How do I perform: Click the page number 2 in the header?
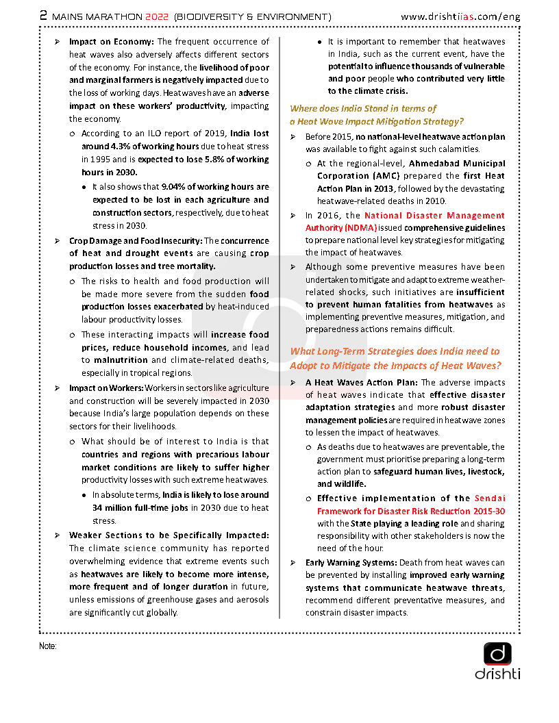pyautogui.click(x=44, y=15)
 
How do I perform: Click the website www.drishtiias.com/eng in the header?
pyautogui.click(x=460, y=16)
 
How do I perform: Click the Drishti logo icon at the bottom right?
pyautogui.click(x=497, y=654)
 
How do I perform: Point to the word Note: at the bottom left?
pyautogui.click(x=48, y=646)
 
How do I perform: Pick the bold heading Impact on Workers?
pyautogui.click(x=105, y=388)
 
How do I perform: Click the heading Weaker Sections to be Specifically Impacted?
pyautogui.click(x=169, y=535)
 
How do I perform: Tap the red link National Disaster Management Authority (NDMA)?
pyautogui.click(x=405, y=221)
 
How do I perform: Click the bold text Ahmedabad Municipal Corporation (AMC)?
pyautogui.click(x=411, y=170)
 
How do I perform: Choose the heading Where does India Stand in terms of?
pyautogui.click(x=363, y=108)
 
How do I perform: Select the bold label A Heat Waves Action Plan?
pyautogui.click(x=362, y=383)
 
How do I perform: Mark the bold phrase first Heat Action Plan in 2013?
pyautogui.click(x=411, y=182)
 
